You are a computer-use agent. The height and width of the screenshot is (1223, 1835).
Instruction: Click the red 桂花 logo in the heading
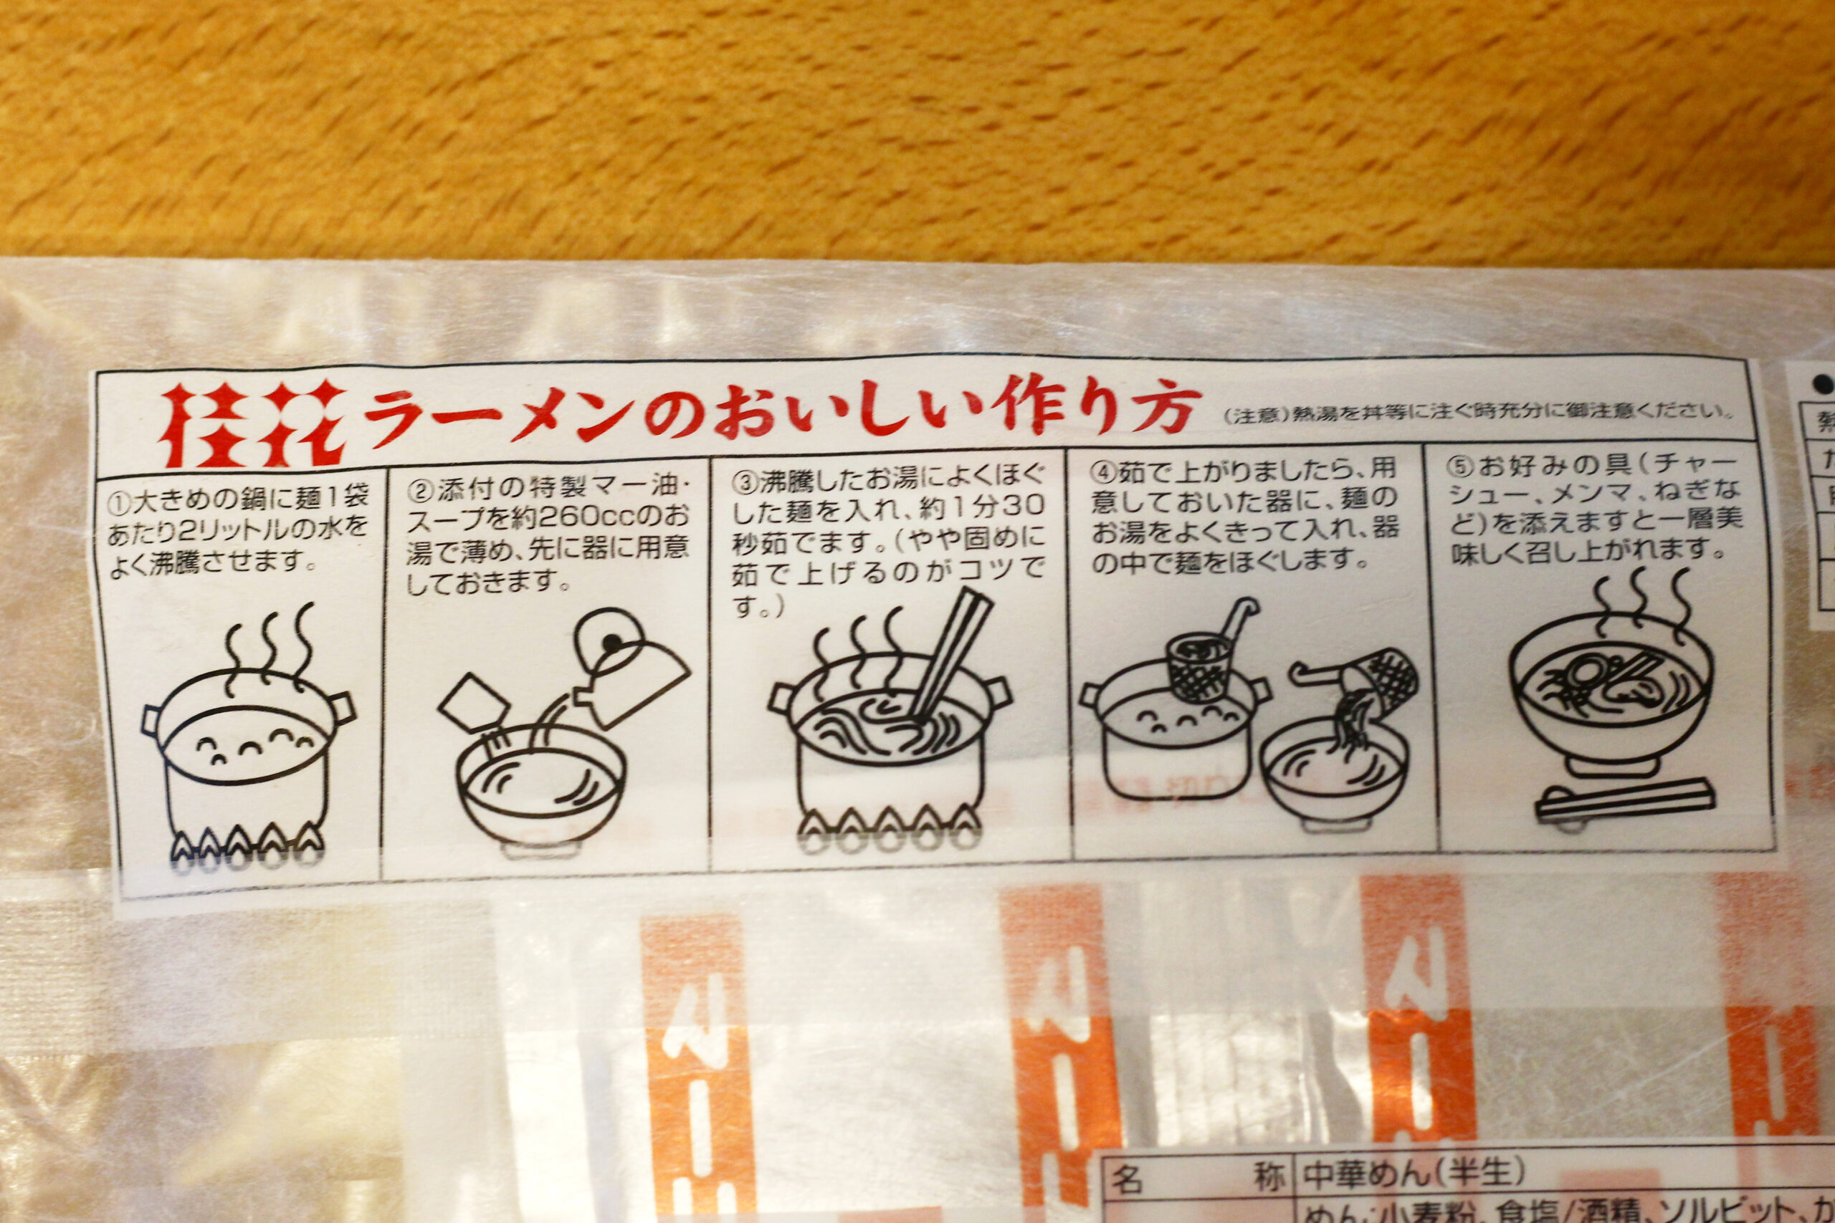[254, 425]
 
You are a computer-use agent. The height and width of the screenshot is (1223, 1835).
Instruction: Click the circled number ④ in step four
[1104, 473]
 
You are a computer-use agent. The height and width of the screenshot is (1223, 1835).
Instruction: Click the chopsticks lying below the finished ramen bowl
[1625, 800]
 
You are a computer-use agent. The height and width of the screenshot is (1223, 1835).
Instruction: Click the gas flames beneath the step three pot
[890, 820]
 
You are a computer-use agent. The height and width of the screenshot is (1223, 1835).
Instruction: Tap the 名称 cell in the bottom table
[1198, 1178]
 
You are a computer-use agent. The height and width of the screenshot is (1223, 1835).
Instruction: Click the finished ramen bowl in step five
[1611, 702]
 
